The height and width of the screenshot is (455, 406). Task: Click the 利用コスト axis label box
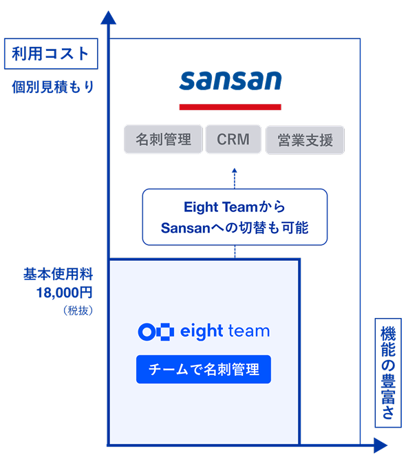coord(51,54)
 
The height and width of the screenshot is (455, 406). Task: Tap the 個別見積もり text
coord(53,87)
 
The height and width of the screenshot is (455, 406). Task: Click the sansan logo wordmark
coord(231,81)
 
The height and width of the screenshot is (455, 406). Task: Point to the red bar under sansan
coord(231,107)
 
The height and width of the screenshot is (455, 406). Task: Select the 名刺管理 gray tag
coord(163,139)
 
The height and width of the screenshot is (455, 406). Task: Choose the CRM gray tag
coord(233,139)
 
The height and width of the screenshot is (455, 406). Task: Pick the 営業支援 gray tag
coord(305,140)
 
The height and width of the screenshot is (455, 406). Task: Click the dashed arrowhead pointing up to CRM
coord(235,170)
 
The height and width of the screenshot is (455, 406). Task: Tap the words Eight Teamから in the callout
coord(235,207)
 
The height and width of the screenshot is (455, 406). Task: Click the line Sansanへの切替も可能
coord(235,228)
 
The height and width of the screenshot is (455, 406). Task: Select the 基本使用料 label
coord(58,274)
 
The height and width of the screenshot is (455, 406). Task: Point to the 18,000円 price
coord(65,293)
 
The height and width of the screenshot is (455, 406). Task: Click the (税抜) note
coord(78,310)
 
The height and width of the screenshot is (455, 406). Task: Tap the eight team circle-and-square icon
coord(156,331)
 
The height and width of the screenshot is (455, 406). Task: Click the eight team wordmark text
coord(225,331)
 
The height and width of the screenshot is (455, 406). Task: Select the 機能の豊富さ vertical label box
coord(388,372)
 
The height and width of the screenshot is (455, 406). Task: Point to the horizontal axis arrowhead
coord(380,445)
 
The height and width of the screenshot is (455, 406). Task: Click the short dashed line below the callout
coord(235,251)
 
